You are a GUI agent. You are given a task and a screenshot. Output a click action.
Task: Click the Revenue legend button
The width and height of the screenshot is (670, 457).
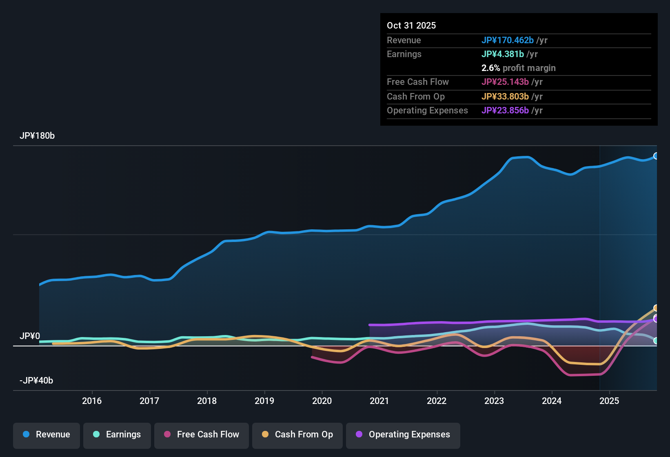click(x=47, y=435)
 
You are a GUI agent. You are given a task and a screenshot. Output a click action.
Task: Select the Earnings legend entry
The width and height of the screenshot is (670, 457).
click(x=117, y=435)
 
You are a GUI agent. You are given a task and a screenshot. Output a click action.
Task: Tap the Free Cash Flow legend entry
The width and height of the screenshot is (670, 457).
click(x=202, y=435)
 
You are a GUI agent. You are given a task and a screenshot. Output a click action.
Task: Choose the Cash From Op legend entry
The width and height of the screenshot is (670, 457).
click(x=297, y=435)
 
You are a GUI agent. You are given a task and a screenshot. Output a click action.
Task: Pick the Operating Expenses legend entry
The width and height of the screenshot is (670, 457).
click(x=403, y=435)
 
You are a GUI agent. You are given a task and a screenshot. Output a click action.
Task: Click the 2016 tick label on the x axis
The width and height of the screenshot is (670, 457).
click(x=92, y=401)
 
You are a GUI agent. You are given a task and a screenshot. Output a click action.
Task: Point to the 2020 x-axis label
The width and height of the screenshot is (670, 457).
click(x=322, y=401)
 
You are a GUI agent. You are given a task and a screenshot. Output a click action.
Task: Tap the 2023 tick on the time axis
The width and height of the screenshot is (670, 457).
click(x=494, y=401)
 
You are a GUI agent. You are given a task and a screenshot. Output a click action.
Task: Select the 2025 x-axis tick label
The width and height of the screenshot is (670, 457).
click(x=609, y=401)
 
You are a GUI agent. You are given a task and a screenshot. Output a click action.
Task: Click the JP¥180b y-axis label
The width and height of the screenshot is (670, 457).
click(x=37, y=136)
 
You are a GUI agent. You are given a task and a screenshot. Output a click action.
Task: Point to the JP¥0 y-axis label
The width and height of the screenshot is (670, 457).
click(x=30, y=336)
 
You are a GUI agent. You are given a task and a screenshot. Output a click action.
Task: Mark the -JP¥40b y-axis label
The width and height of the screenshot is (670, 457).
click(x=36, y=381)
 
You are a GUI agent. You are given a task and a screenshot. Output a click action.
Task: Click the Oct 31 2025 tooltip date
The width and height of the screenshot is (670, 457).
click(x=411, y=25)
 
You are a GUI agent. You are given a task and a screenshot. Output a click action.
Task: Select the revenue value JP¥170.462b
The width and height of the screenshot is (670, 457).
click(x=508, y=40)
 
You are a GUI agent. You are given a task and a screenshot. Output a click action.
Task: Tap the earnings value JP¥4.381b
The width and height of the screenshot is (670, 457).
click(x=503, y=54)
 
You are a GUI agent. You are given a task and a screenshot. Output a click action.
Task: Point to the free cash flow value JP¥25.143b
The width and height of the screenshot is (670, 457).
click(x=505, y=82)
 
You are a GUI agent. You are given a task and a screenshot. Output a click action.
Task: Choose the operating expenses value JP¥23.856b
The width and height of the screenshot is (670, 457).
click(x=505, y=110)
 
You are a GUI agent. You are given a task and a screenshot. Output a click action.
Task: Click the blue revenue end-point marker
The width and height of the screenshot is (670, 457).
click(x=656, y=156)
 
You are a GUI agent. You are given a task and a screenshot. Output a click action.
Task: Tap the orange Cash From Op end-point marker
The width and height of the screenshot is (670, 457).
click(x=656, y=308)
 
